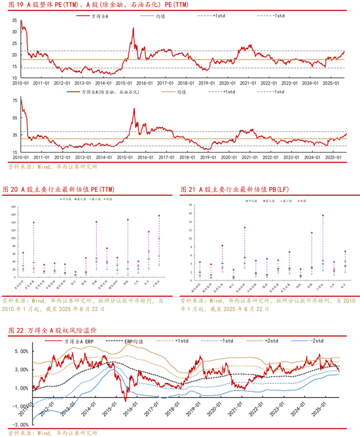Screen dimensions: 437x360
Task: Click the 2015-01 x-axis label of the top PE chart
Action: (x=124, y=83)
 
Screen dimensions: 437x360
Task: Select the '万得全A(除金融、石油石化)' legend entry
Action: (x=111, y=92)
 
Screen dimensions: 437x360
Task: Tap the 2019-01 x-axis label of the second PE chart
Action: (x=208, y=157)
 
